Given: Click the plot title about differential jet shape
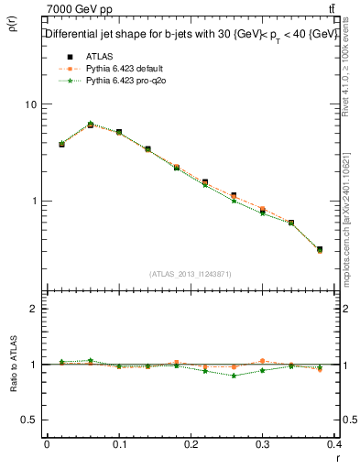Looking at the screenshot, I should tap(192, 34).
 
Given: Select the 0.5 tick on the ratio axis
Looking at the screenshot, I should tap(29, 420).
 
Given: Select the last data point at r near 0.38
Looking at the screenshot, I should tap(319, 249).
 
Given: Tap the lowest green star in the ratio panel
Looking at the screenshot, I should tap(235, 376).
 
